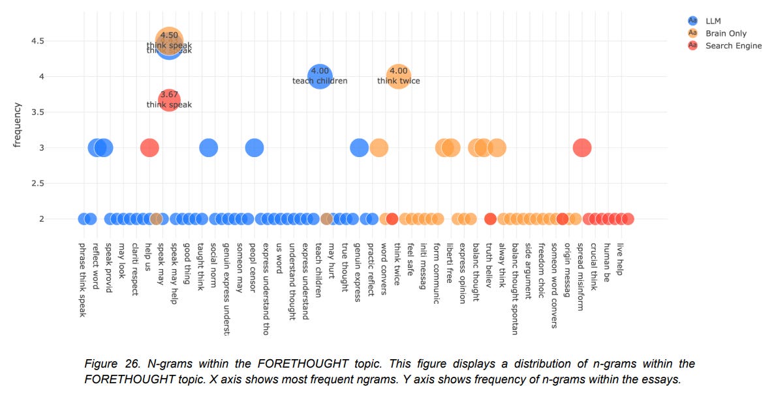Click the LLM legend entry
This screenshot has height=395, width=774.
click(713, 21)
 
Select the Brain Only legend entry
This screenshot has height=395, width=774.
click(725, 33)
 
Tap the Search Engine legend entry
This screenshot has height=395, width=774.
click(733, 46)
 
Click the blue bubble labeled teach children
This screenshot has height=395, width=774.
click(320, 77)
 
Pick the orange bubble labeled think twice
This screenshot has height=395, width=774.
click(398, 77)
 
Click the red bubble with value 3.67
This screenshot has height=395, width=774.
click(169, 100)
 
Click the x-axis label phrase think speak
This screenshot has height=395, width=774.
click(83, 280)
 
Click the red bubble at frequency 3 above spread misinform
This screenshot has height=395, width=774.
click(581, 148)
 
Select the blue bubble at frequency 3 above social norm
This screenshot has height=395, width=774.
click(208, 148)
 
